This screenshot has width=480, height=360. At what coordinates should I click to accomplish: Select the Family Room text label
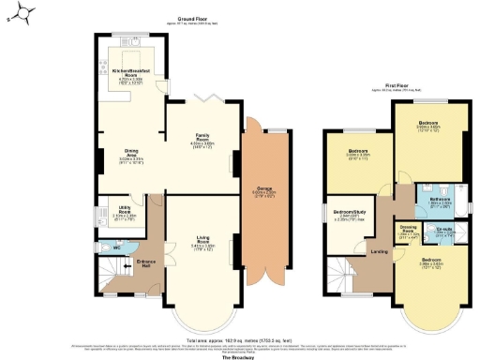pyautogui.click(x=202, y=138)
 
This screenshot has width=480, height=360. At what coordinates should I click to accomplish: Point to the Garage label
pyautogui.click(x=257, y=198)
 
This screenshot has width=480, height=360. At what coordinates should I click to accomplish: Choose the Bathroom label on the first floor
pyautogui.click(x=440, y=200)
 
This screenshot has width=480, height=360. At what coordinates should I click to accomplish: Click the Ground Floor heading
pyautogui.click(x=193, y=18)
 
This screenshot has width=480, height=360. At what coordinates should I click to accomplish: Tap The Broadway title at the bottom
pyautogui.click(x=239, y=358)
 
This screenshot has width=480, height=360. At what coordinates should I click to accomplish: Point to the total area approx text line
pyautogui.click(x=240, y=339)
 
